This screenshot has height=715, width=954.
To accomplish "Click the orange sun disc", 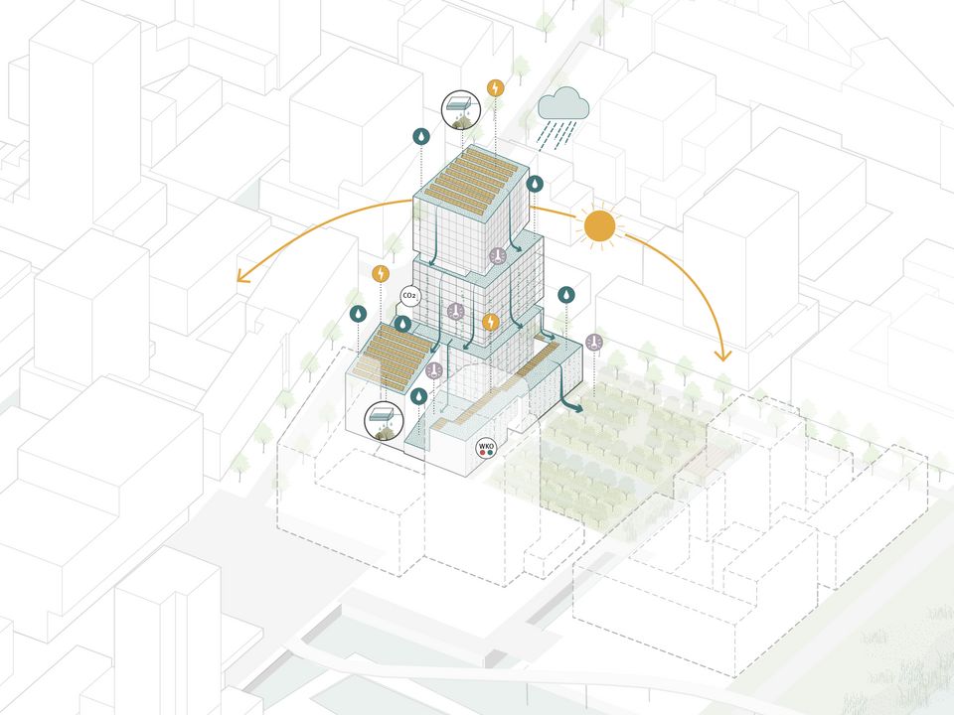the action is [599, 225].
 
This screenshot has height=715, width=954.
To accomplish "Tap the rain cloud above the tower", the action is [563, 103].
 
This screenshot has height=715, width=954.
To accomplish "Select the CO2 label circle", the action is [409, 297].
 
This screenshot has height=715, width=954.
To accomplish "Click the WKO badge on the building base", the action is [486, 449].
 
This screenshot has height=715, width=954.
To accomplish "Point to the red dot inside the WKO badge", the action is [482, 453].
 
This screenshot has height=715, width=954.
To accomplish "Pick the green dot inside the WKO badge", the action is [490, 453].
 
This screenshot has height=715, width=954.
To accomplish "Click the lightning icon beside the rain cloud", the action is [496, 88].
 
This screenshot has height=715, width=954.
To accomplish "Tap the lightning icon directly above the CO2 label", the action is [381, 274].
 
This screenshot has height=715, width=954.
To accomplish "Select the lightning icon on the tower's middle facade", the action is [491, 322].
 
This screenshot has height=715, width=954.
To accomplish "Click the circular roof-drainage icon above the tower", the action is [460, 109].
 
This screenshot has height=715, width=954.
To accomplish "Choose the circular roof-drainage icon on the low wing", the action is [384, 421].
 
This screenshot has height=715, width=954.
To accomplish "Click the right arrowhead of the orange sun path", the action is [723, 355].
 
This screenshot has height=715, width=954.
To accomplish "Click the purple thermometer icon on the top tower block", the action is [499, 256].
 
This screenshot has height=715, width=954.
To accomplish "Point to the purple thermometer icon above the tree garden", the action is [594, 343].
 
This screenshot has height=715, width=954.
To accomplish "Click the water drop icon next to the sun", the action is [535, 184].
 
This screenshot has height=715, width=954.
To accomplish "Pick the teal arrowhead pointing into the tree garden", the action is [575, 407].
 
